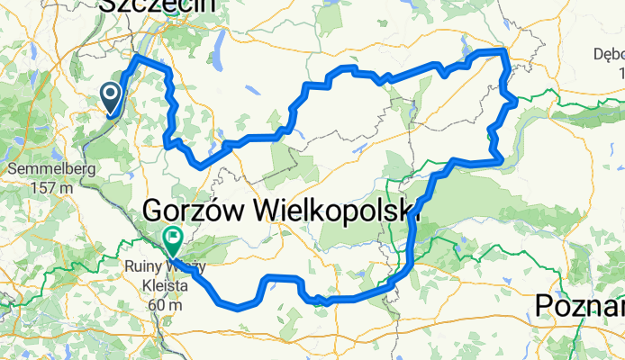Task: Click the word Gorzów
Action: point(196,211)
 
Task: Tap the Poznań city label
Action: point(578,306)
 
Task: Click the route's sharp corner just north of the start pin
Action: point(136,57)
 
